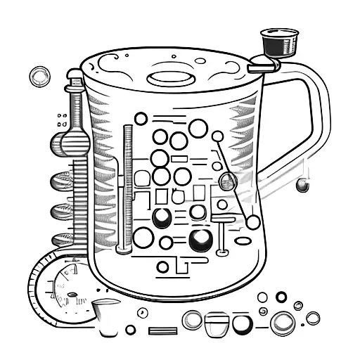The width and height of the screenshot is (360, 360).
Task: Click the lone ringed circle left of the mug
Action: [x=39, y=76]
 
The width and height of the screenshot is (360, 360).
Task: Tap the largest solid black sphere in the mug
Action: [x=199, y=240]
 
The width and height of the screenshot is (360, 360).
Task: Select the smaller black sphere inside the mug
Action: [x=162, y=217]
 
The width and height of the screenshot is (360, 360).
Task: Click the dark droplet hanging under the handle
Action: [x=302, y=186]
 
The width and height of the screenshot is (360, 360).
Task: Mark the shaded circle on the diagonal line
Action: [x=227, y=181]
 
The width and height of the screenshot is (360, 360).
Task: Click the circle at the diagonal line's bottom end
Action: [x=252, y=222]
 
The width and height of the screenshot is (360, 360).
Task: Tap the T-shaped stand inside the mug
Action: [x=222, y=236]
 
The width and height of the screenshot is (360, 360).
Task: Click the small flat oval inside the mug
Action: [x=243, y=241]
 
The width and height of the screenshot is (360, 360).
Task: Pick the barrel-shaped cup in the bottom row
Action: [x=217, y=323]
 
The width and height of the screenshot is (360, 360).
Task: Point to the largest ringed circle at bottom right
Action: [x=283, y=323]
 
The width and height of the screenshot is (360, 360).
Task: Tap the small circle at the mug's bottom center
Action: [x=162, y=267]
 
